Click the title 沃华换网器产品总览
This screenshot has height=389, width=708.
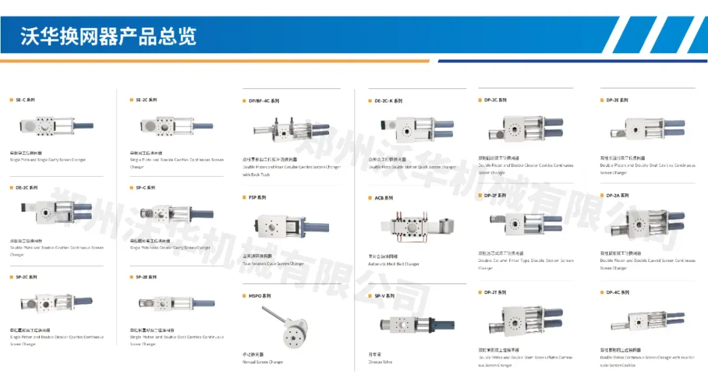point(109,36)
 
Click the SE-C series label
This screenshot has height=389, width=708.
point(26,100)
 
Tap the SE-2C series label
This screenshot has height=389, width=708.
point(146,100)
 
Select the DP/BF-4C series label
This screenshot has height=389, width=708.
point(264,101)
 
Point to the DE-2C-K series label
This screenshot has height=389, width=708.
point(388,101)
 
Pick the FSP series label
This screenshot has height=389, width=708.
point(257,197)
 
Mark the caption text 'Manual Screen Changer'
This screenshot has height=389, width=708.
point(263,362)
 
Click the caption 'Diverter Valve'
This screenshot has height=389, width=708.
point(380,361)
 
